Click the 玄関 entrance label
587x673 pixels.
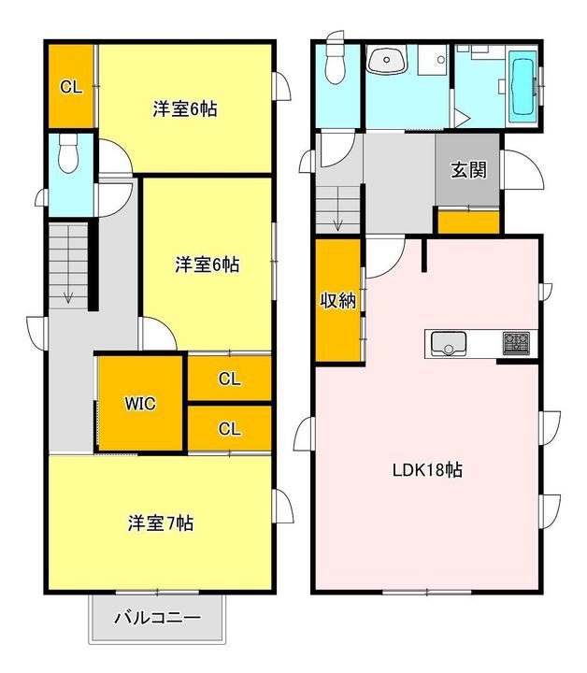coord(467,170)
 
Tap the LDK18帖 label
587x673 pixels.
coord(427,470)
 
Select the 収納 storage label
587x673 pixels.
coord(337,301)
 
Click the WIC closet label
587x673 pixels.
coord(141,404)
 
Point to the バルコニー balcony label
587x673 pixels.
coord(157,618)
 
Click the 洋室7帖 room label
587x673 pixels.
coord(161,523)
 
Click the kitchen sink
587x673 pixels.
coord(449,344)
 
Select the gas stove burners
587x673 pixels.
coord(516,343)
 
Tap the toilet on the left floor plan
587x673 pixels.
coord(67,155)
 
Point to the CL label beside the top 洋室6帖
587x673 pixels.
coord(72,88)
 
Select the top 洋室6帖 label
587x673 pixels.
coord(185,109)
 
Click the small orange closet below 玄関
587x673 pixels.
coord(468,222)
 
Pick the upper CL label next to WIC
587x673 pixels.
coord(229,379)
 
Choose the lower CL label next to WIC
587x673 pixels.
coord(229,428)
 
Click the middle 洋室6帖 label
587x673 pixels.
coord(207,265)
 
